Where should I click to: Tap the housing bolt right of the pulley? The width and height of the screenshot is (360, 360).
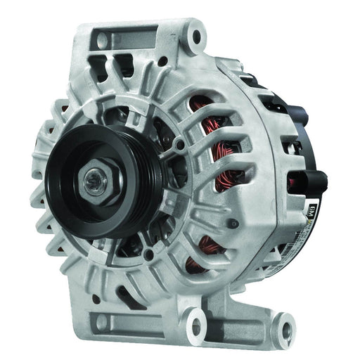(181, 146)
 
